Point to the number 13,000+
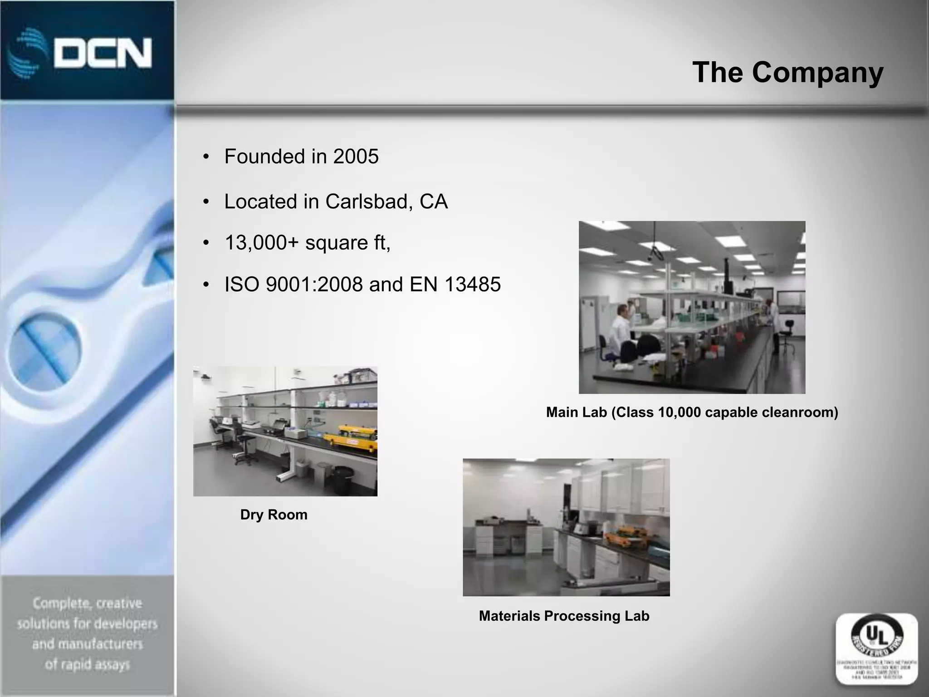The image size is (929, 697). point(262,243)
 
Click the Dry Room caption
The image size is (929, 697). point(274,515)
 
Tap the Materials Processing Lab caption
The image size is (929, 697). point(564,616)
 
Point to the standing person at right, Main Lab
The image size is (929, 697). point(777,324)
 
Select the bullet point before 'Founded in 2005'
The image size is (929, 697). point(206,157)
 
